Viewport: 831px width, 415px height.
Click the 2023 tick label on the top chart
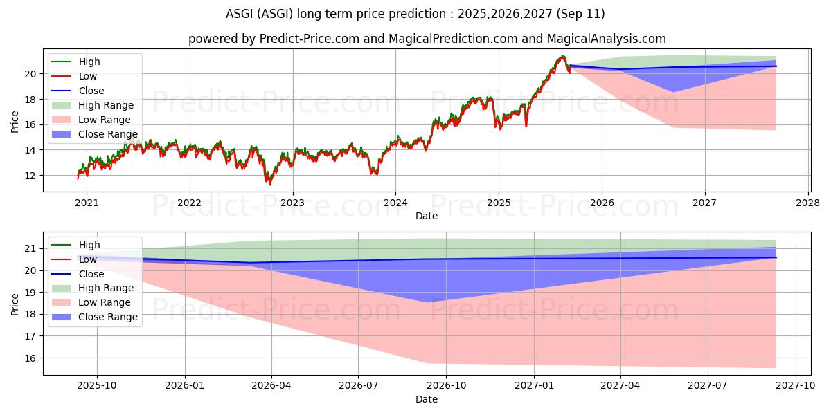292,203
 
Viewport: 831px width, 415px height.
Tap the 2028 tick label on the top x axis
808,203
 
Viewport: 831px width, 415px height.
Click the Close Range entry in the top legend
107,134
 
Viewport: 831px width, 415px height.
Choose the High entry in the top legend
89,62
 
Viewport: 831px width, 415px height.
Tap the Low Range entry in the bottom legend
104,302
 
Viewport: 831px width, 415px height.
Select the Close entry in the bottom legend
91,274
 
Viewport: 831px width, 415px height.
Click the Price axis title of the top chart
15,122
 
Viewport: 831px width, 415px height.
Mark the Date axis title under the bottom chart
426,399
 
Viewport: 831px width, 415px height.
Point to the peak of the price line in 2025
562,56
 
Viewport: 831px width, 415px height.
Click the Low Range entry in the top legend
104,120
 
